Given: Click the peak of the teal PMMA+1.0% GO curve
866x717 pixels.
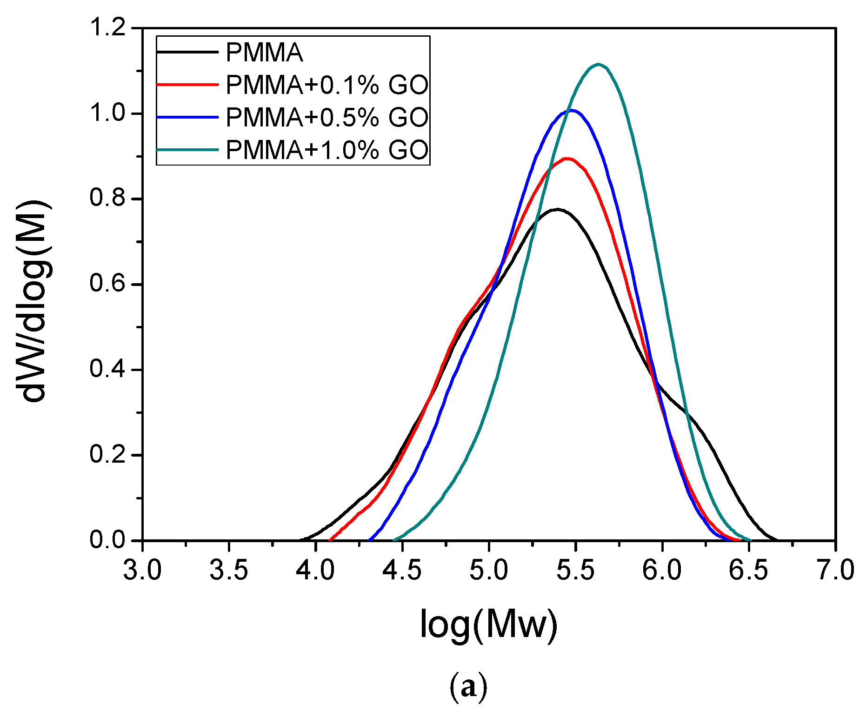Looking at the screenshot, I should (598, 65).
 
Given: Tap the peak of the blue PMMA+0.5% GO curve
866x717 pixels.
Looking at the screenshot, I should (571, 110).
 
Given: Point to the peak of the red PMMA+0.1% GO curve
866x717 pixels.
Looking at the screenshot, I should (567, 159).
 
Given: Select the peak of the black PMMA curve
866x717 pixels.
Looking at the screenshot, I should (557, 209).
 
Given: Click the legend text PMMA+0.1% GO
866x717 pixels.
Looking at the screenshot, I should (327, 85).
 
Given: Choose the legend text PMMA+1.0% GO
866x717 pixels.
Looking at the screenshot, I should (327, 150).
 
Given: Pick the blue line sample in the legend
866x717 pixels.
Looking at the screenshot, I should (187, 117).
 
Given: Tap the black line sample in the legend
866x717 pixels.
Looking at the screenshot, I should (187, 52).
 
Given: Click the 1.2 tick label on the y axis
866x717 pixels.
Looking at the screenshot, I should (108, 28).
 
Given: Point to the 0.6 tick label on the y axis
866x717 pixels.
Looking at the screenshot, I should (108, 284).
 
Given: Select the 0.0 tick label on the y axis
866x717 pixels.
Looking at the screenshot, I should (108, 540).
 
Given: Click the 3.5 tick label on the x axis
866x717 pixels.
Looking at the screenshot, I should (228, 571).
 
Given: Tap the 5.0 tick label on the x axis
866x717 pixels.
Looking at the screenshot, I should (489, 571).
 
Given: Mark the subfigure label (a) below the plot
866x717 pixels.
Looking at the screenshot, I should (468, 688).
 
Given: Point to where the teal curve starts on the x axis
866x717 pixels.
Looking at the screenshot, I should (394, 540).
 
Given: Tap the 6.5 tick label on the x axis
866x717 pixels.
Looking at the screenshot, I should (748, 571).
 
